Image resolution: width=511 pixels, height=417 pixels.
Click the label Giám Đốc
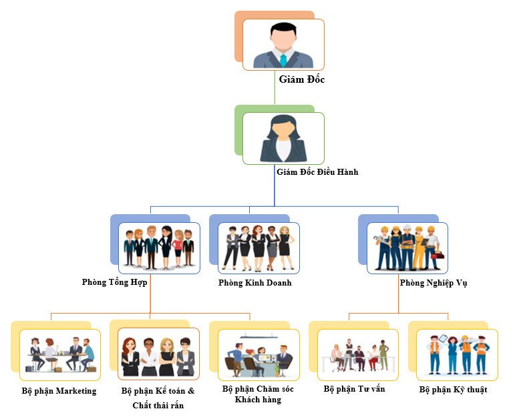tap(301, 79)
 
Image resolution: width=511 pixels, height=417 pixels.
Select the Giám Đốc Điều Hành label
tap(317, 172)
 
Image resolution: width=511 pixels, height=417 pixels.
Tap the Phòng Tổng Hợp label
tap(114, 282)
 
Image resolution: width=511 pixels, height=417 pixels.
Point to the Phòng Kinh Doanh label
tap(254, 283)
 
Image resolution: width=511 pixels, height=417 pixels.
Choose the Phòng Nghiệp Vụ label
tap(433, 283)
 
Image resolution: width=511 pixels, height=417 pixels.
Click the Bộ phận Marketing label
tap(59, 391)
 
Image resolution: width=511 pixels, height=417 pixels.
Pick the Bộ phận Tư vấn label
tap(354, 388)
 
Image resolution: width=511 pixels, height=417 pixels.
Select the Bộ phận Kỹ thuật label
tap(453, 389)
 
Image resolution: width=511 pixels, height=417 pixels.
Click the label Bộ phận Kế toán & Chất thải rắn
tap(158, 398)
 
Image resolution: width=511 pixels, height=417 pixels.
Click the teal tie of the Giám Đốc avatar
tap(283, 60)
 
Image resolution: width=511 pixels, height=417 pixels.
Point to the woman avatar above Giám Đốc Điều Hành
tap(283, 138)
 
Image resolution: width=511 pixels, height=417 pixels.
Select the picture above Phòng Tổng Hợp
tap(159, 248)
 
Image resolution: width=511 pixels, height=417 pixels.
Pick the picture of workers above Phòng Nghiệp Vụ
tap(407, 248)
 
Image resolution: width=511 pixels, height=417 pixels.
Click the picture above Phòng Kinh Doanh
tap(259, 248)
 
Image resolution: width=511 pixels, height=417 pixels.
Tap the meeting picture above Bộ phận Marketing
tap(60, 354)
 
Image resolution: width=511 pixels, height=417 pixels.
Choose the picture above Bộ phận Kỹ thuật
tap(457, 354)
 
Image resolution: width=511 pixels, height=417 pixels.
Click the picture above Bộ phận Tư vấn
tap(357, 354)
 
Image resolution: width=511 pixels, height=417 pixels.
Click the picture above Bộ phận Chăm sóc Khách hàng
tap(259, 354)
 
